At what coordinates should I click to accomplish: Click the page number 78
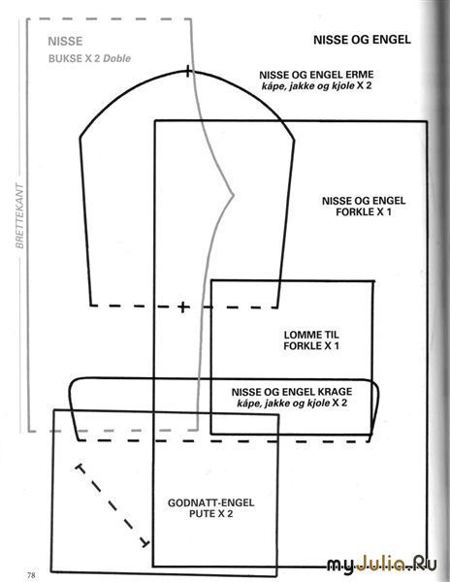click(x=32, y=574)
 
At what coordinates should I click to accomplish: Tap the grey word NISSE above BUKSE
click(x=65, y=41)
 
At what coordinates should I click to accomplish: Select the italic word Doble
click(x=116, y=58)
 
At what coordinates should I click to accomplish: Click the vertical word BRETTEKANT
click(x=19, y=215)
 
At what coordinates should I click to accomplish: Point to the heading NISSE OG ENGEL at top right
click(x=362, y=40)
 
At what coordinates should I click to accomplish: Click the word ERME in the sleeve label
click(x=359, y=75)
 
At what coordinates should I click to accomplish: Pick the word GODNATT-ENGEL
click(x=211, y=502)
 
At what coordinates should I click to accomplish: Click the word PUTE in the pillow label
click(x=201, y=514)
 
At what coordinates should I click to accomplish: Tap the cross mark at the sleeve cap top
click(x=188, y=71)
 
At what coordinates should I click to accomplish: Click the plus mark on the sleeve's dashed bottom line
click(x=183, y=307)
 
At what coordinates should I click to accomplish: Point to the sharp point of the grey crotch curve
click(x=234, y=194)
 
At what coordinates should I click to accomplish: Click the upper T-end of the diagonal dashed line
click(x=80, y=469)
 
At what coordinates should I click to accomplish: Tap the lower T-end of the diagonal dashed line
click(x=145, y=543)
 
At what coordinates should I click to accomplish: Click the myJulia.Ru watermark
click(x=382, y=565)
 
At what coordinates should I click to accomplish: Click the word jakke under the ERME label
click(x=294, y=86)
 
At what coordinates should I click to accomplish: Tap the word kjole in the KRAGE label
click(x=319, y=404)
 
